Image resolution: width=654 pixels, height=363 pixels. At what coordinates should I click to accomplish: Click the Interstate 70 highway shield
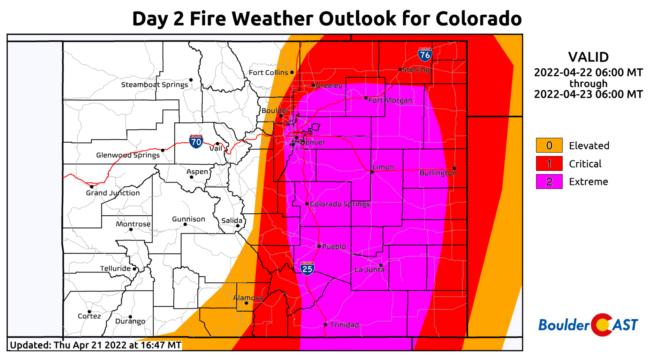(196, 141)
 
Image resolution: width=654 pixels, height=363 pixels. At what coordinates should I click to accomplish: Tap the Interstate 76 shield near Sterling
(425, 55)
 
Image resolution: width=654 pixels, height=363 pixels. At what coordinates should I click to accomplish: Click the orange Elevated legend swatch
(549, 145)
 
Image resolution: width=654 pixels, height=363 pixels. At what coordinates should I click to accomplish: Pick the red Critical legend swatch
(549, 164)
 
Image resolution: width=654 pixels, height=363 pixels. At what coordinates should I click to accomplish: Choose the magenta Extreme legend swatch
(549, 181)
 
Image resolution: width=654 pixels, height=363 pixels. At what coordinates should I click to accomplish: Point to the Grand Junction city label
(113, 193)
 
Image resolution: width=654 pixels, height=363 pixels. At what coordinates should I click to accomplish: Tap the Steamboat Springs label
(155, 85)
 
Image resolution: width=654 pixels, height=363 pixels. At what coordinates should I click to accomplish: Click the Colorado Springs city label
(340, 204)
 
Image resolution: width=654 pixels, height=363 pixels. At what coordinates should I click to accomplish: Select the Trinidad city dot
(325, 325)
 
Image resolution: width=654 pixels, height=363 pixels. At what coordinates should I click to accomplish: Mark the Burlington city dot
(454, 168)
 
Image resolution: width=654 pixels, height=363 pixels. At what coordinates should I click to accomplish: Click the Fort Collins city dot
(292, 72)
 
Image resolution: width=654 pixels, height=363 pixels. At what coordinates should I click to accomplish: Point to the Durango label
(130, 321)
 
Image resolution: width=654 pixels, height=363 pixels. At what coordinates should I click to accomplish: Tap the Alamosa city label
(248, 298)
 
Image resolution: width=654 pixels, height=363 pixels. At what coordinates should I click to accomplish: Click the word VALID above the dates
(588, 57)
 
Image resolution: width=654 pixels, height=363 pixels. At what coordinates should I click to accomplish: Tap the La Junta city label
(369, 270)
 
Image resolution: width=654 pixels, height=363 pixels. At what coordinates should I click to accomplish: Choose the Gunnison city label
(188, 219)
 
